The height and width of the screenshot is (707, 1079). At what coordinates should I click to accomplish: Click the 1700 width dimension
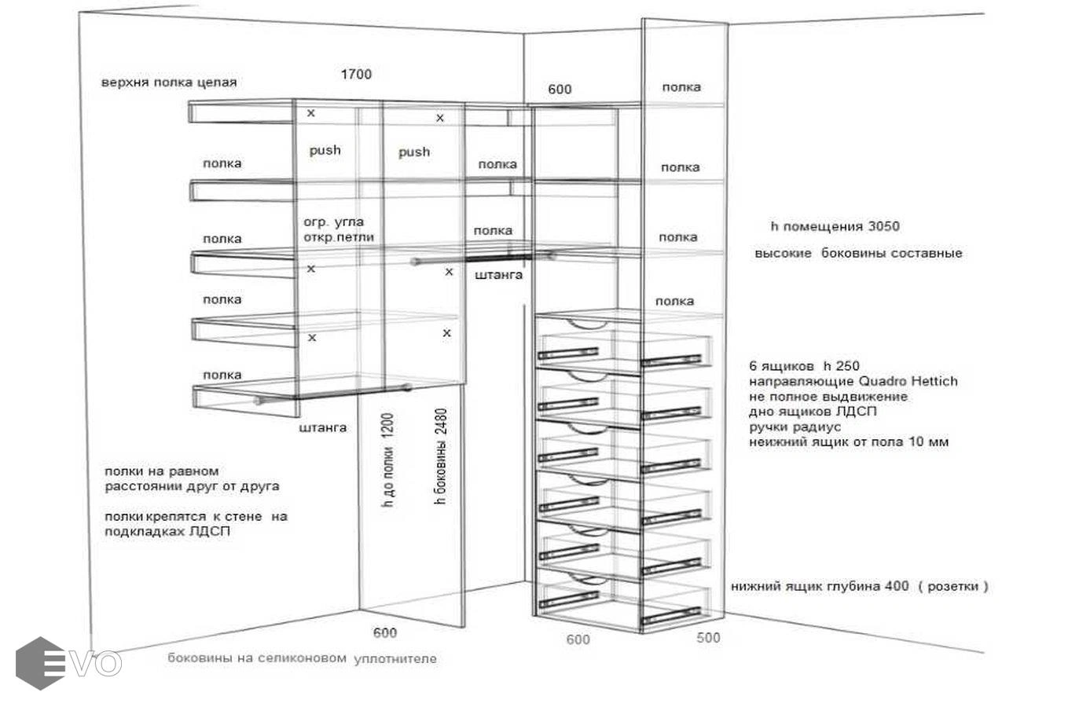pos(356,75)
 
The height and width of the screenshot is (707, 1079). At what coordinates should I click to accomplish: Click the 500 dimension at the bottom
pos(708,638)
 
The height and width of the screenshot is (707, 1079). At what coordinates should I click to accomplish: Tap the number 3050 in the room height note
pos(883,226)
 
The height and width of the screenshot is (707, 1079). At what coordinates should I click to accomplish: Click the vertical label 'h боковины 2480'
pos(441,456)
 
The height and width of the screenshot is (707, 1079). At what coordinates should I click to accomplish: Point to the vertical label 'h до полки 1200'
pos(387,460)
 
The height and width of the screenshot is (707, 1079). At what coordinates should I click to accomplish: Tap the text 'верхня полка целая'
pos(169,82)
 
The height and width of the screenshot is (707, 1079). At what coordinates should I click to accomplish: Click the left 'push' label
pos(325,150)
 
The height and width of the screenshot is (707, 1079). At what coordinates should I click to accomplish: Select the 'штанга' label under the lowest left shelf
pos(322,428)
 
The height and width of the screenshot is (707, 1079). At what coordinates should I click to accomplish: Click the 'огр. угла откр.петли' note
pos(339,229)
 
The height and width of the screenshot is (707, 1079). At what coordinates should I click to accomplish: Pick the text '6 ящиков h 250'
pos(804,365)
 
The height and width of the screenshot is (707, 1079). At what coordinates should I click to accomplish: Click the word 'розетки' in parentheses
pos(952,586)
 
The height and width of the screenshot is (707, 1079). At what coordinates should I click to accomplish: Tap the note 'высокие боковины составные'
pos(858,254)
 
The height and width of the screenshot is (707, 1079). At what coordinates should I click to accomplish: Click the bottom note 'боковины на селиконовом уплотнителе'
pos(302,658)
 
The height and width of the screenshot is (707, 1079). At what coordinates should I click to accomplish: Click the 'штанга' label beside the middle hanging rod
pos(498,275)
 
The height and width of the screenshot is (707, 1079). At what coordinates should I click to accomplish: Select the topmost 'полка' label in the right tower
pos(681,87)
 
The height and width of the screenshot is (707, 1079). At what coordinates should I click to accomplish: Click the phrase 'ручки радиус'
pos(795,427)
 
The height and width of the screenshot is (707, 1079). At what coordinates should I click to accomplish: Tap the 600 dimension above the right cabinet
pos(560,90)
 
